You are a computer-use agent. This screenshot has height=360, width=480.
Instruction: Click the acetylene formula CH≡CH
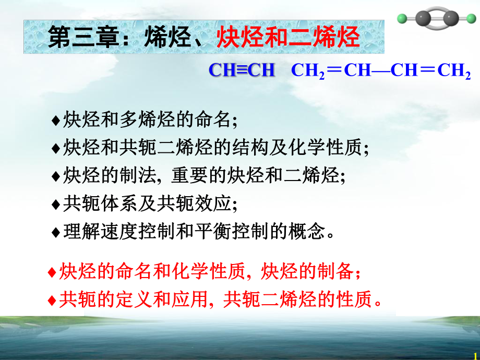tap(242, 71)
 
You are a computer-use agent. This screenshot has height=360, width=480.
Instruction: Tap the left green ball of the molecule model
tap(401, 19)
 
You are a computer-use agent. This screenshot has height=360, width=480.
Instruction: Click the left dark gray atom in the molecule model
tap(423, 19)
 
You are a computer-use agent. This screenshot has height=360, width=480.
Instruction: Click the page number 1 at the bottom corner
tap(475, 355)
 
